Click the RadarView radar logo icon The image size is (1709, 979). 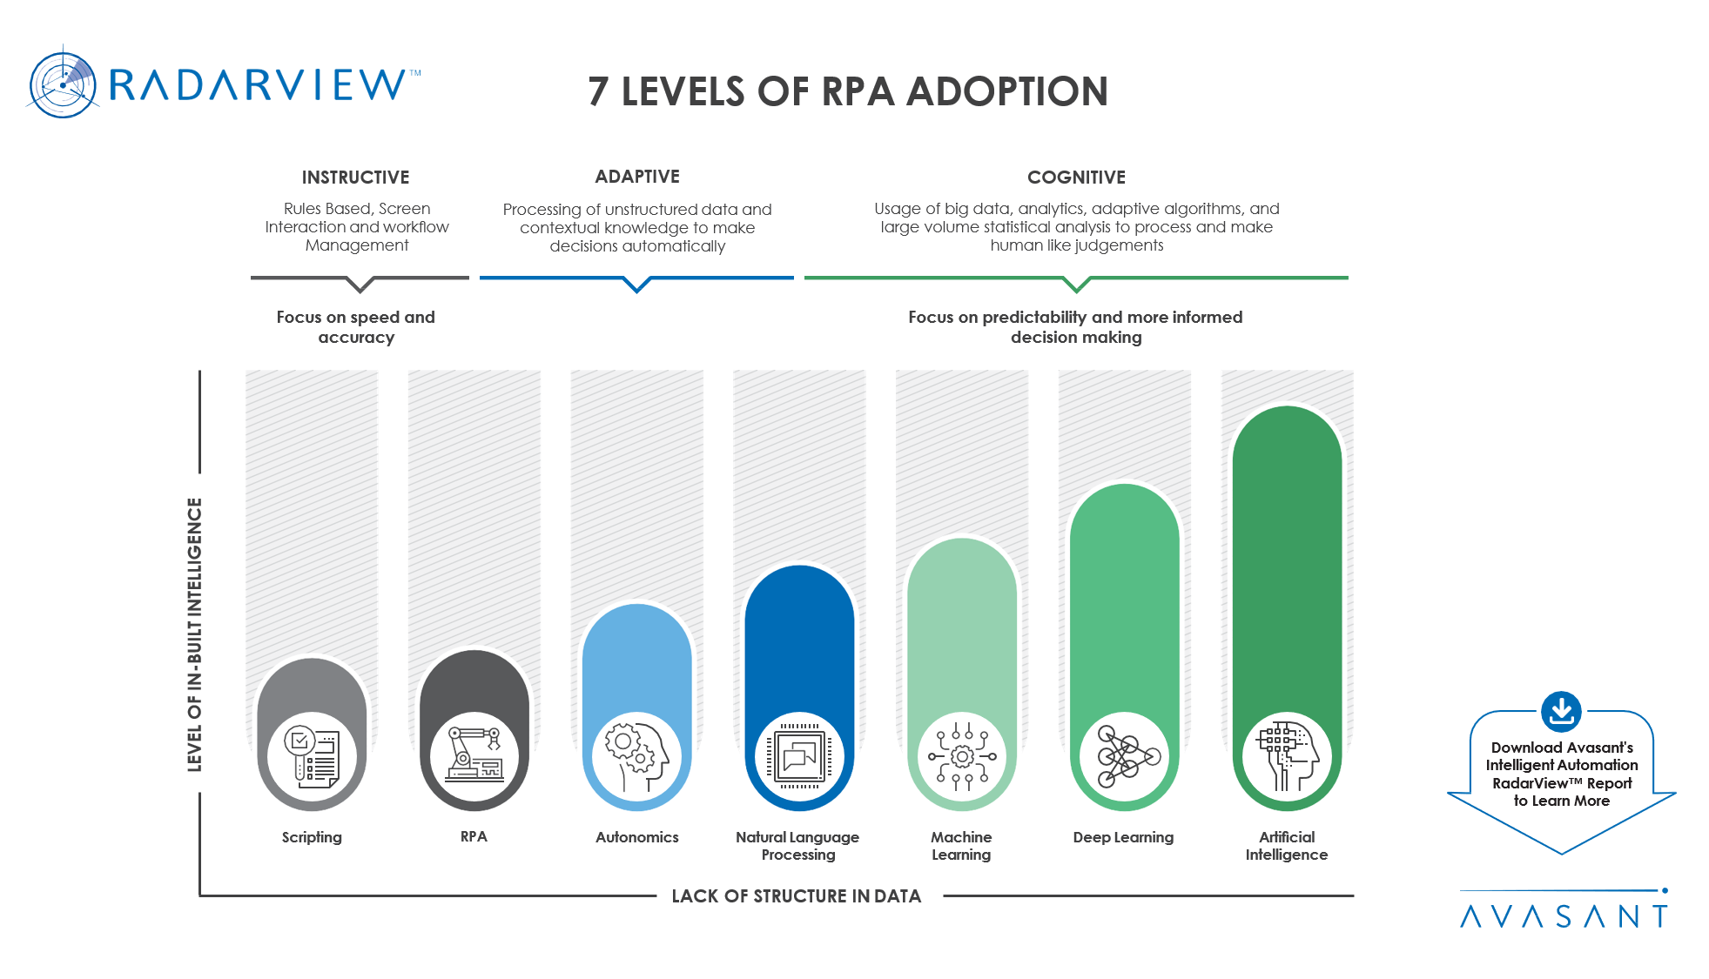64,84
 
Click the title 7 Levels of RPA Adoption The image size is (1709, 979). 847,91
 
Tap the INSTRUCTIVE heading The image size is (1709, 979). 355,178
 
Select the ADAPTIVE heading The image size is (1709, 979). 637,177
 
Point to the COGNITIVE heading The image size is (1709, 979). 1076,178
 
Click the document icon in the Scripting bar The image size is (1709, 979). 312,756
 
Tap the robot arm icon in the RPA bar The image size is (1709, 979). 474,755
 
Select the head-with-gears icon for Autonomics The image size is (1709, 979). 637,756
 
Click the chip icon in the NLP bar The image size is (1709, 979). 799,756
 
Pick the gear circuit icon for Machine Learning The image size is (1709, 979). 962,756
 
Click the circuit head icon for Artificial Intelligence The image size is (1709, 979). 1287,756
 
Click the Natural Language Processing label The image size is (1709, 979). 797,845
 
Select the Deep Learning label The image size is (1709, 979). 1123,837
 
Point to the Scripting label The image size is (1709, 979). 312,837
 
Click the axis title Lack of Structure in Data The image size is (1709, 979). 796,895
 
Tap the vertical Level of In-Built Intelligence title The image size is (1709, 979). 194,634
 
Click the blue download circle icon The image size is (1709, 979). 1561,712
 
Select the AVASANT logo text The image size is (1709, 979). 1564,916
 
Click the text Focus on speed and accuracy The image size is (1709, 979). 355,327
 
